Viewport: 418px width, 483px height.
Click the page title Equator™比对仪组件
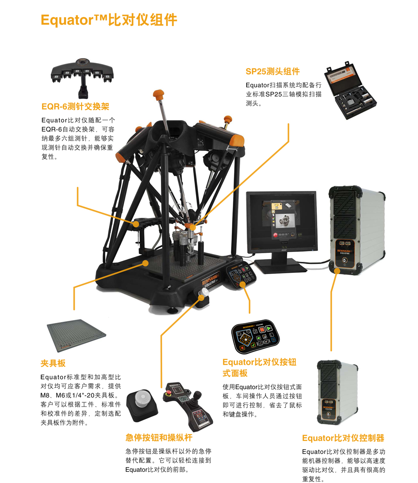109,20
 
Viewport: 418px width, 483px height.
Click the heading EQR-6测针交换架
75,107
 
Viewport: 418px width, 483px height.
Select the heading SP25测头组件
273,71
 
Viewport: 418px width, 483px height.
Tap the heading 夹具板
53,363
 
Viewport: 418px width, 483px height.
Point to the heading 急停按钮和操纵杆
159,437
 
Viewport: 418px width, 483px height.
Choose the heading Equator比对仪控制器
343,438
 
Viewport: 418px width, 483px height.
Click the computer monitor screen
281,221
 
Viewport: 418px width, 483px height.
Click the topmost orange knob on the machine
159,94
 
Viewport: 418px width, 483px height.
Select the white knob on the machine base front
204,293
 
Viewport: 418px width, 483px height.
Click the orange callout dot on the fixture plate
145,263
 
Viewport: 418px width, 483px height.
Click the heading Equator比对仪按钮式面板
259,367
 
